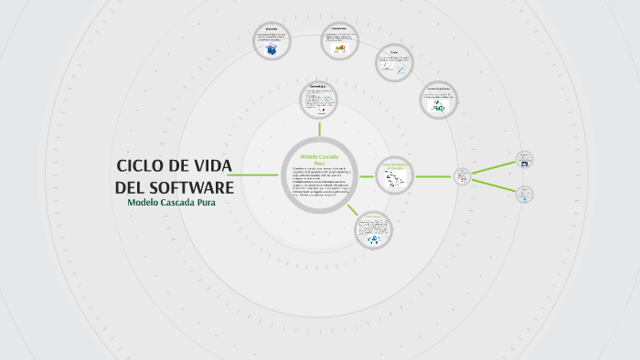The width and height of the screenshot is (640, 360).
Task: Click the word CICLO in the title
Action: tap(139, 165)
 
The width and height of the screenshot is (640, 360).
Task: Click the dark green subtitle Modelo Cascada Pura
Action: tap(177, 202)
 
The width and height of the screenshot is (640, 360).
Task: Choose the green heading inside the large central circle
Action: tap(319, 160)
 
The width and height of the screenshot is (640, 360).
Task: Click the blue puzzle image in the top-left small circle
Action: tap(272, 51)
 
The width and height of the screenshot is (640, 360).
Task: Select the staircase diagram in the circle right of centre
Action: tap(396, 180)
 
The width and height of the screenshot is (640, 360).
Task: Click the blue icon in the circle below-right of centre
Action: tap(374, 240)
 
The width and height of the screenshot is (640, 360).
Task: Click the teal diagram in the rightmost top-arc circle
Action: tap(439, 108)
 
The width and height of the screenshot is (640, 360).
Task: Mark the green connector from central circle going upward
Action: tap(319, 129)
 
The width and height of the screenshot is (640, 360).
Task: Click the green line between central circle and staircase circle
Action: tap(366, 175)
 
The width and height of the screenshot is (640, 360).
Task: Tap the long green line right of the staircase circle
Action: tap(435, 175)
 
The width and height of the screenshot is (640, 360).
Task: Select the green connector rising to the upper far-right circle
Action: tap(494, 167)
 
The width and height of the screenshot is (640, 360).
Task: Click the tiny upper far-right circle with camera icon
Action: tap(525, 159)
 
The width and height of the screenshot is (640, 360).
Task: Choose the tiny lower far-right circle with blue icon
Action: tap(525, 194)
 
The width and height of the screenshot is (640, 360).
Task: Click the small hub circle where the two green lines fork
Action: tap(463, 175)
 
